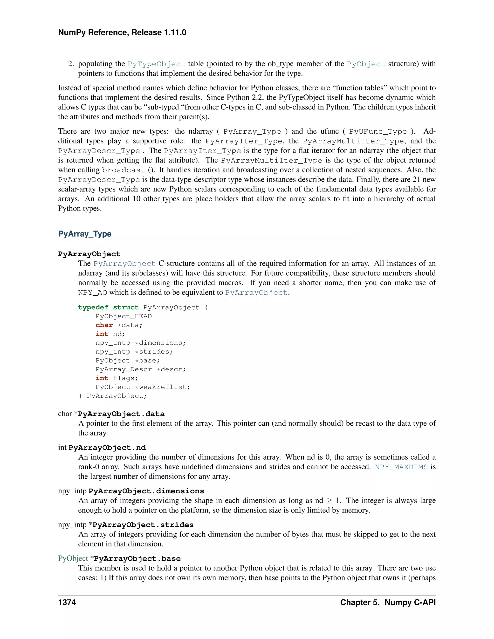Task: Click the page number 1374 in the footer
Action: tap(67, 602)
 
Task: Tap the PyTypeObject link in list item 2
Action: tap(156, 64)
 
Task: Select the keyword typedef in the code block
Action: tap(93, 307)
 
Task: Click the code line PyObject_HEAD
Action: tap(123, 316)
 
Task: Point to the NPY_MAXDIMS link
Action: tap(401, 467)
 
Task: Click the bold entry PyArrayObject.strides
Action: tap(143, 525)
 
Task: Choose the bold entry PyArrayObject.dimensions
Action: tap(146, 491)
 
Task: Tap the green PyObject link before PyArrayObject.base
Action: tap(73, 558)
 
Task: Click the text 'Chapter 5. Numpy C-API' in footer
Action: tap(388, 602)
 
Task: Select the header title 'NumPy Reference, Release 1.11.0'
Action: tap(122, 33)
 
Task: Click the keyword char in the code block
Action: tap(104, 325)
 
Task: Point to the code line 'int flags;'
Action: tap(117, 378)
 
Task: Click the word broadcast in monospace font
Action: tap(123, 170)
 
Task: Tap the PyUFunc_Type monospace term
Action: tap(378, 132)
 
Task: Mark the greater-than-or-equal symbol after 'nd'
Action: tap(329, 501)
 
